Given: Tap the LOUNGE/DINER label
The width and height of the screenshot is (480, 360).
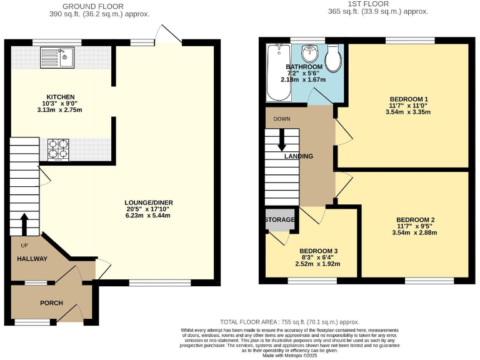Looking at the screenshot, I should pos(149,202).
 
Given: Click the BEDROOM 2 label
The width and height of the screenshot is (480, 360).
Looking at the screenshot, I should pos(415,220).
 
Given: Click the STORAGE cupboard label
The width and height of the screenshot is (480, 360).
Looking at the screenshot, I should pos(279,219).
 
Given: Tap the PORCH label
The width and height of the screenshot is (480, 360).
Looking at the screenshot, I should pos(51,303).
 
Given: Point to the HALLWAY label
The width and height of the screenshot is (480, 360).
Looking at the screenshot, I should pos(32,259).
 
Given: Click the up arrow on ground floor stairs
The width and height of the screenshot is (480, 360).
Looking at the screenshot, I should pos(25,222).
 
